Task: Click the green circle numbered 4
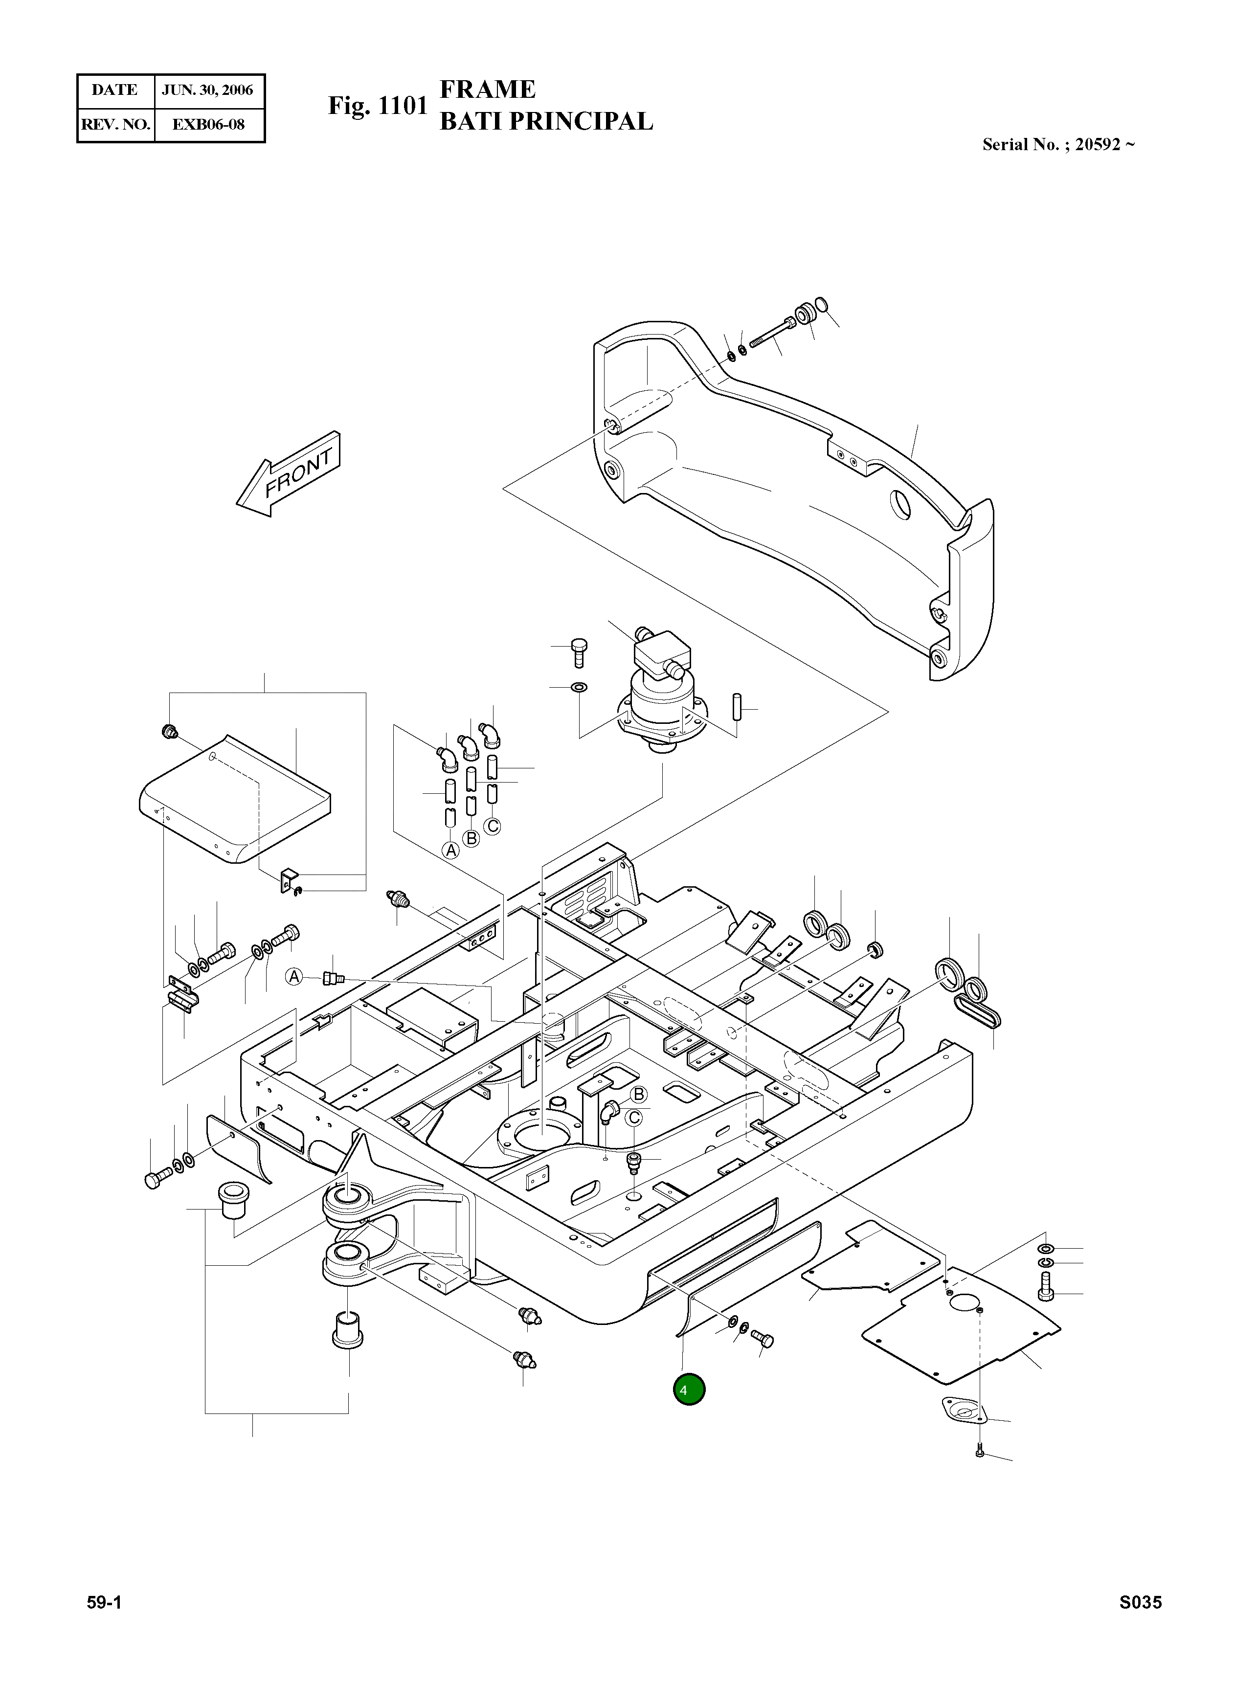pos(689,1390)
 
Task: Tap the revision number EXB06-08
pos(208,124)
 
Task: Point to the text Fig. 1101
pos(378,106)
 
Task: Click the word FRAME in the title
pos(488,90)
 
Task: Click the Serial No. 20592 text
pos(1058,144)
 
